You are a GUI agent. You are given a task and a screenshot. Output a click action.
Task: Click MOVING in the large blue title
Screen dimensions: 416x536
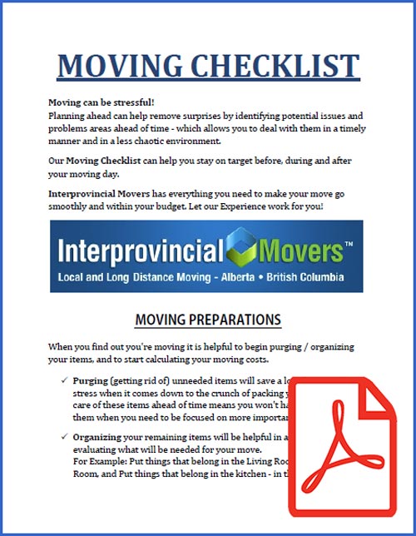coord(112,66)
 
